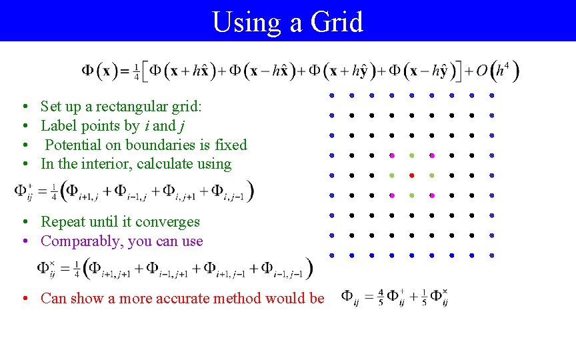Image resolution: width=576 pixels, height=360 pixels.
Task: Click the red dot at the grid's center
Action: point(411,175)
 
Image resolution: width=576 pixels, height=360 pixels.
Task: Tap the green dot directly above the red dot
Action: point(411,155)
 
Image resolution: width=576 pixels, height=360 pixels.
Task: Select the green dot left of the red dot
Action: point(391,175)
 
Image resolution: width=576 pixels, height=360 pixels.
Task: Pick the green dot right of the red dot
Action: point(431,175)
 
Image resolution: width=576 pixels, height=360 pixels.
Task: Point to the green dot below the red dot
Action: point(411,195)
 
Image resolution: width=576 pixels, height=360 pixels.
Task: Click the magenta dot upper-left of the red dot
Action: point(391,155)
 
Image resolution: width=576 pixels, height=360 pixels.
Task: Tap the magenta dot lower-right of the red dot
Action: point(431,195)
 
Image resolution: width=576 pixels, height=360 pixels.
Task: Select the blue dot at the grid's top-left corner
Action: point(331,95)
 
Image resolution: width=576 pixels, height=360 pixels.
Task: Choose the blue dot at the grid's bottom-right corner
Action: point(491,255)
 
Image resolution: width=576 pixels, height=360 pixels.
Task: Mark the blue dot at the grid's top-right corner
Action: point(491,95)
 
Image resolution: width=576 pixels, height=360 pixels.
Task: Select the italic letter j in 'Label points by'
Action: point(182,126)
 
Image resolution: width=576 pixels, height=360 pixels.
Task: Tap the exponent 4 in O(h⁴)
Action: point(507,65)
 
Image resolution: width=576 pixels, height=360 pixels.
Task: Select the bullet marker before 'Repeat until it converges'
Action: point(23,222)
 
